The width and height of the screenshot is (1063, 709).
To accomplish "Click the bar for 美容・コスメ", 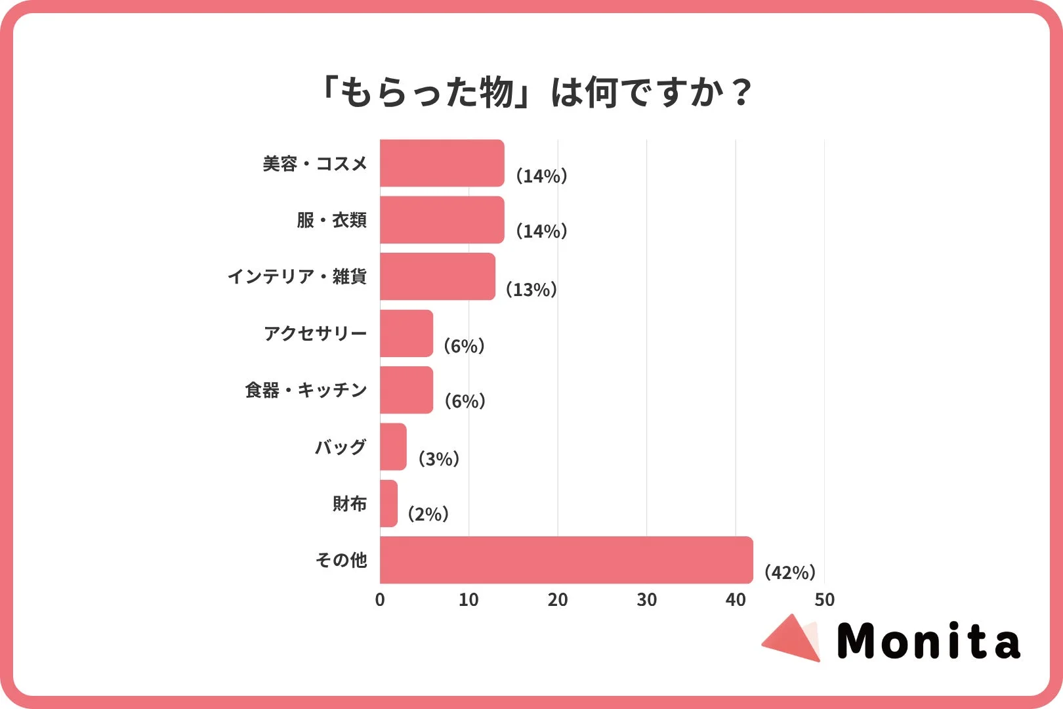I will point(442,163).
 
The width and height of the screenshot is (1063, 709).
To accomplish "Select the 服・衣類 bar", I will point(442,220).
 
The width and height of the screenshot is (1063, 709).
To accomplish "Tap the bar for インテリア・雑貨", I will point(437,276).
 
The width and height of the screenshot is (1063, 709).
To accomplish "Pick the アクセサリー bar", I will point(406,333).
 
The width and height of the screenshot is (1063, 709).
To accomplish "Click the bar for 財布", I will point(388,504).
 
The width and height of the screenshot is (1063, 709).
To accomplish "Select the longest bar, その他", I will point(566,560).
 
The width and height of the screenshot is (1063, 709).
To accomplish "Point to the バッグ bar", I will point(393,447).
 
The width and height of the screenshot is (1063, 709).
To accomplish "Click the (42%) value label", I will point(790,572).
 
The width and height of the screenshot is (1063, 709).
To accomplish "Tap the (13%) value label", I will point(531,290).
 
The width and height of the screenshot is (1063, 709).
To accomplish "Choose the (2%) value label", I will point(428,514).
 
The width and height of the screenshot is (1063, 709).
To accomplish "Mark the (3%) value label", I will point(438,459).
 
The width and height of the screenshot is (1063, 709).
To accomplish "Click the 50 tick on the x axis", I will point(824,599).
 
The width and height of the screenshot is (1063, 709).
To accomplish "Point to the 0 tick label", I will point(380,599).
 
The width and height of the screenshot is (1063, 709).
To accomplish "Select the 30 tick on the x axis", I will point(646,599).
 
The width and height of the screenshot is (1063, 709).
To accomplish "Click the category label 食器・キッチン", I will point(306,391).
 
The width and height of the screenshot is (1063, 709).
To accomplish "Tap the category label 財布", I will point(349,504).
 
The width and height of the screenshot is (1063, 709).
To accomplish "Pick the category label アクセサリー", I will point(315,333).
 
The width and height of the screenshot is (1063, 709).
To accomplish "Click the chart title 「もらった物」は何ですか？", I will point(534,92).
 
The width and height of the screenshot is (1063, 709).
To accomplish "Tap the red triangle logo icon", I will point(793,638).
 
